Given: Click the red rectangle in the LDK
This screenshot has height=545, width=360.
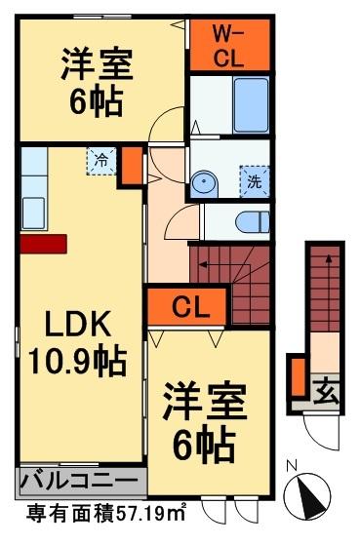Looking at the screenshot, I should pyautogui.click(x=43, y=242).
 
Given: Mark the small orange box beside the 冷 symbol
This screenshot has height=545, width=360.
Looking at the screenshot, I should pyautogui.click(x=128, y=169).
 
